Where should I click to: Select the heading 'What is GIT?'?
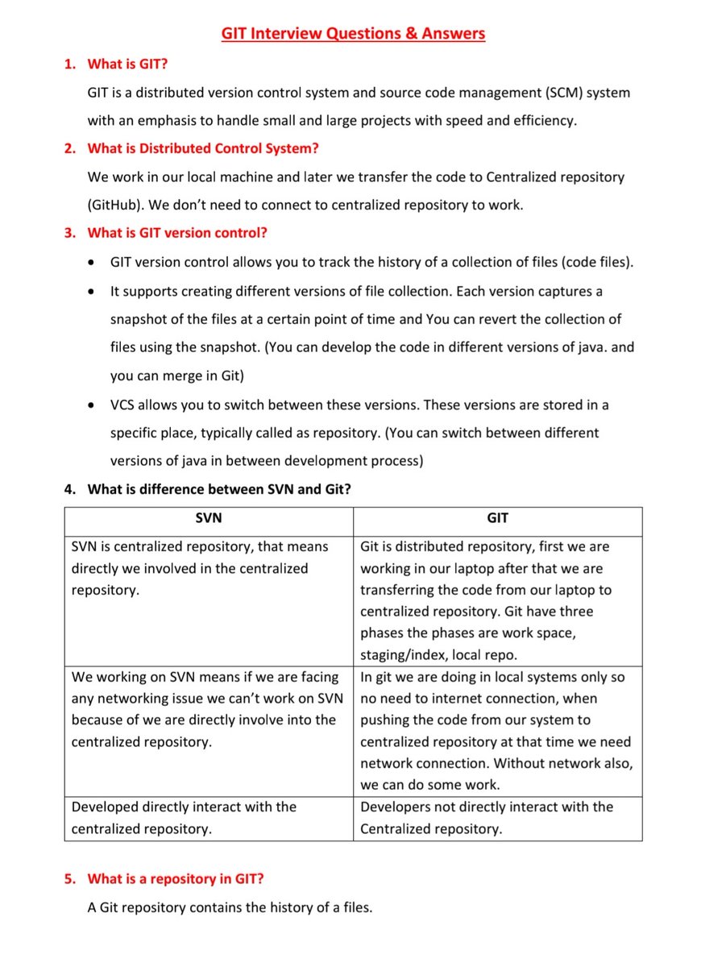pos(127,64)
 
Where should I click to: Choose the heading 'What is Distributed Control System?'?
pos(203,148)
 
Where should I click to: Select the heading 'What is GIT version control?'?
pos(177,233)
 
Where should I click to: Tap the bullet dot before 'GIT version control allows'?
pos(94,263)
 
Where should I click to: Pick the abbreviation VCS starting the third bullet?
pos(124,404)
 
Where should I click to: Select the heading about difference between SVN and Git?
pos(219,489)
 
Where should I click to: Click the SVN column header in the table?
pos(209,519)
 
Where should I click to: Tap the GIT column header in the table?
pos(497,519)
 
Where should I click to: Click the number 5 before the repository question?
pos(69,878)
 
